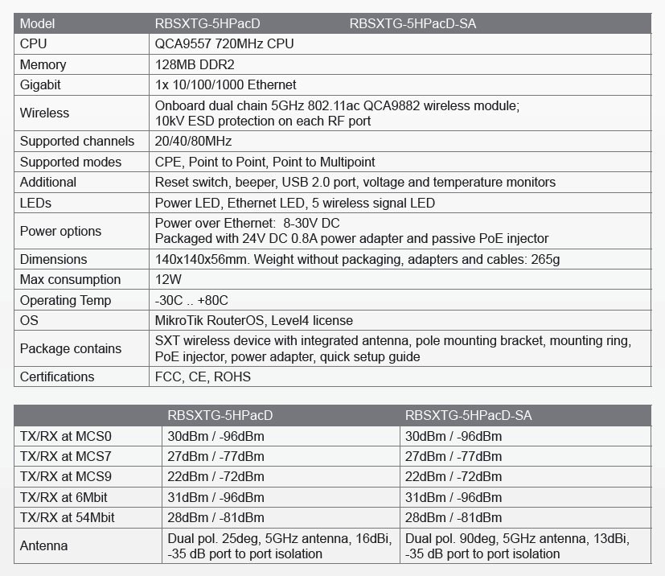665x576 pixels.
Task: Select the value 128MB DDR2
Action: (x=191, y=64)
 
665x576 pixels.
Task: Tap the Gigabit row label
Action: (x=40, y=84)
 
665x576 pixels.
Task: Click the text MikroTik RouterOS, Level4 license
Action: (x=254, y=320)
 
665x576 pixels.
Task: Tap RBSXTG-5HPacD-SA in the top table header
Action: (x=413, y=23)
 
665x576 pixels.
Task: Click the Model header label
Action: (x=37, y=23)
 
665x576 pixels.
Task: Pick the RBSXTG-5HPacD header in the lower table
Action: (x=220, y=416)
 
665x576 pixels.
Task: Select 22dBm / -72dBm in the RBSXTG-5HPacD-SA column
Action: (x=454, y=476)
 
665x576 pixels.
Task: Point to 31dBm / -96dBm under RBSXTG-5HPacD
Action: (x=216, y=497)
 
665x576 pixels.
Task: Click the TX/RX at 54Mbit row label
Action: (x=68, y=517)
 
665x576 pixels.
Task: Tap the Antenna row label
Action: (x=43, y=546)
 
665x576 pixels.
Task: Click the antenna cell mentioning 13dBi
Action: (x=518, y=546)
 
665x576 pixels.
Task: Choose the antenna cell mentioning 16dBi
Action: (x=280, y=546)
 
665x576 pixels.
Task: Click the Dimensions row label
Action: (x=53, y=260)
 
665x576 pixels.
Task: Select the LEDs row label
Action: (x=36, y=203)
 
